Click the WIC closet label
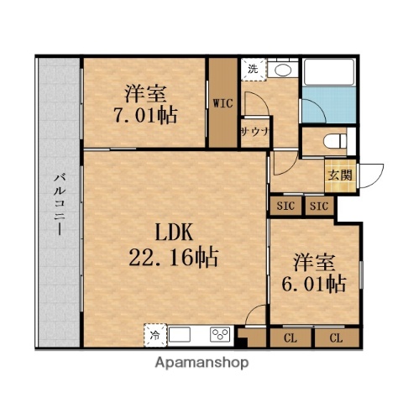coord(222,104)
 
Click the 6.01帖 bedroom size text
coord(314,283)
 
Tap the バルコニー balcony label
coord(59,201)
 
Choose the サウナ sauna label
coord(254,133)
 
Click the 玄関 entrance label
coord(340,176)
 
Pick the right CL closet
coord(335,339)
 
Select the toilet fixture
coord(336,141)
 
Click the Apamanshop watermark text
coord(201,364)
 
